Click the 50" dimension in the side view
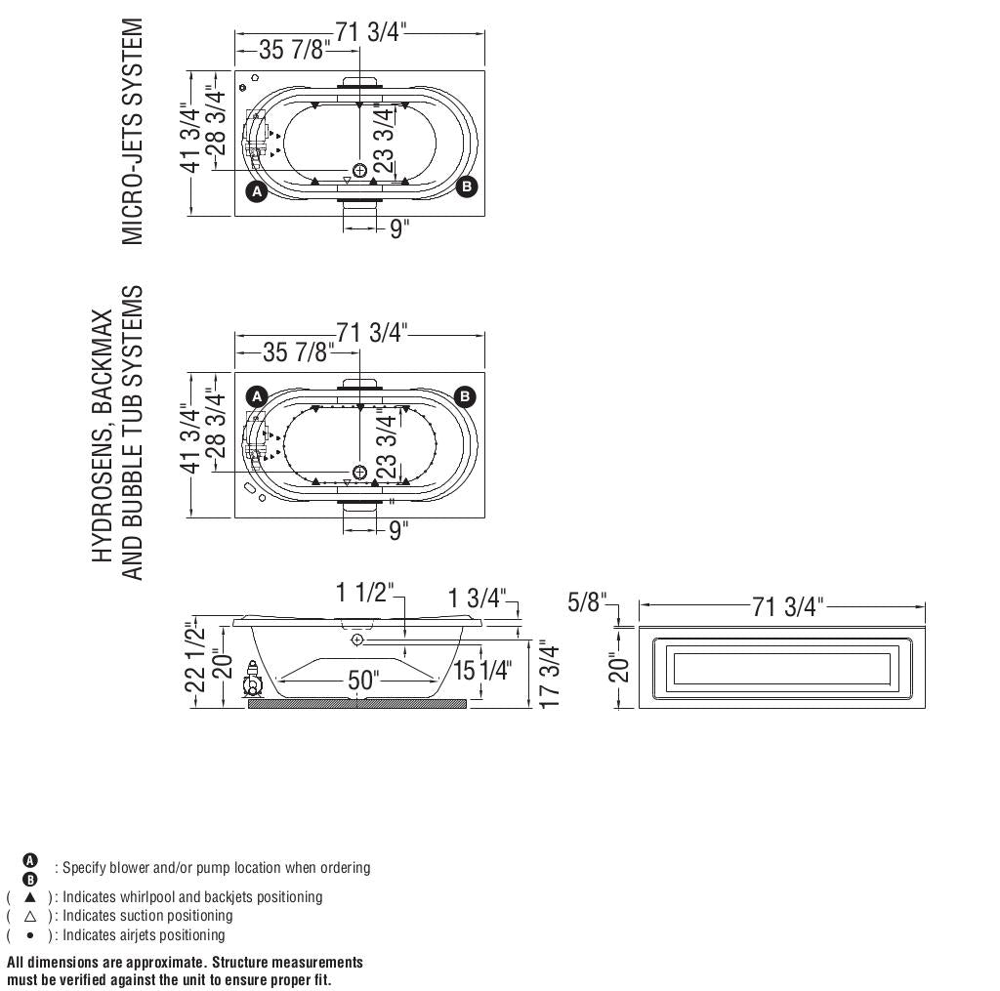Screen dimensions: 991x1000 click(361, 681)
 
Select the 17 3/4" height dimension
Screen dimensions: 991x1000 click(550, 676)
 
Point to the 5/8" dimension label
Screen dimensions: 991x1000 click(587, 601)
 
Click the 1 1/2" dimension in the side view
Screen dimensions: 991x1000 click(364, 592)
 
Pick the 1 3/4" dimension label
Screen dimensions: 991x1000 click(479, 598)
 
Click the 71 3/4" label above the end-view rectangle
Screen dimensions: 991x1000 click(787, 607)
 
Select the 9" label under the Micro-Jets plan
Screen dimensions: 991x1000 click(398, 229)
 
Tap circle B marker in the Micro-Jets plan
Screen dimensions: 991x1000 click(467, 186)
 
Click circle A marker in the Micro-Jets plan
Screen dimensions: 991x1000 click(257, 191)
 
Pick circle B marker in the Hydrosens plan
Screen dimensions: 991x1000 click(466, 396)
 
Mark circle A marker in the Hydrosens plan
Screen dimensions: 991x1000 click(257, 396)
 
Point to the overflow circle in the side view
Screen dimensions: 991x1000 click(357, 640)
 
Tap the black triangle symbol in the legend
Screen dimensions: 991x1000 click(30, 896)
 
